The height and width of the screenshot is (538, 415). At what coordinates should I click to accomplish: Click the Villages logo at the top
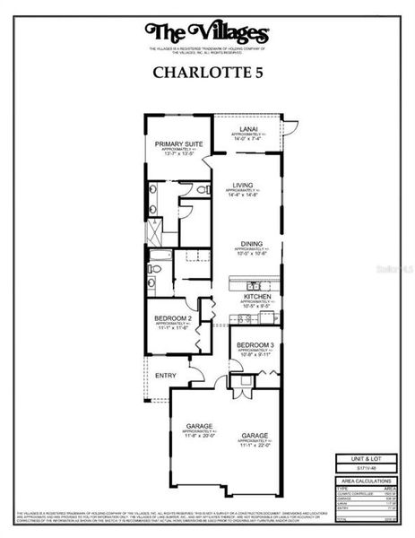207,33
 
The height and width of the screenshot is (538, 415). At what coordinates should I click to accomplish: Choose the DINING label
250,243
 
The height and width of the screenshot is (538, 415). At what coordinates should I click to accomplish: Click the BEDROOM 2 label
170,317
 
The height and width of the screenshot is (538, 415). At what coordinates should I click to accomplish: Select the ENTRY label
165,375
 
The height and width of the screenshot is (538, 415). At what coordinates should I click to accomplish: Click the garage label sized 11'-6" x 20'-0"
199,427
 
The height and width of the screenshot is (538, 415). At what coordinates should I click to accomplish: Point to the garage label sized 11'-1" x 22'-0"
255,437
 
